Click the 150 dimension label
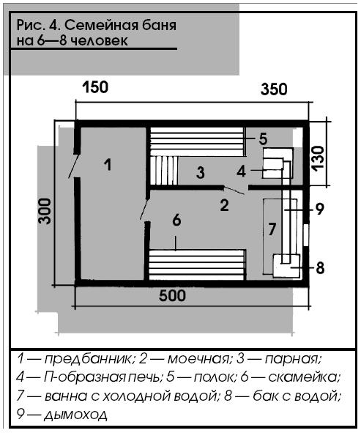pos(95,87)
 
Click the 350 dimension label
pos(274,89)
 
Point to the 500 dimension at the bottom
pos(172,295)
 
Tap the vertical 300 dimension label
pos(45,211)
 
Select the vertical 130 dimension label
pos(318,159)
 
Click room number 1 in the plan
pos(108,165)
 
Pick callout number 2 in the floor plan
pos(224,205)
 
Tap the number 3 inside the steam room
pos(201,172)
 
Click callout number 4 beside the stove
pos(241,171)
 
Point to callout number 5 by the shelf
pos(263,138)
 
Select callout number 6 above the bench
pos(176,220)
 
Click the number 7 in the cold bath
pos(272,229)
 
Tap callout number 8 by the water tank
pos(320,268)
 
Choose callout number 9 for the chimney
pos(319,209)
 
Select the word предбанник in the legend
pos(89,359)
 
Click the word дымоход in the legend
pos(75,415)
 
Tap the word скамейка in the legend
pos(305,377)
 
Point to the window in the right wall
pos(306,235)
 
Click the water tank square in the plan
pos(286,266)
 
